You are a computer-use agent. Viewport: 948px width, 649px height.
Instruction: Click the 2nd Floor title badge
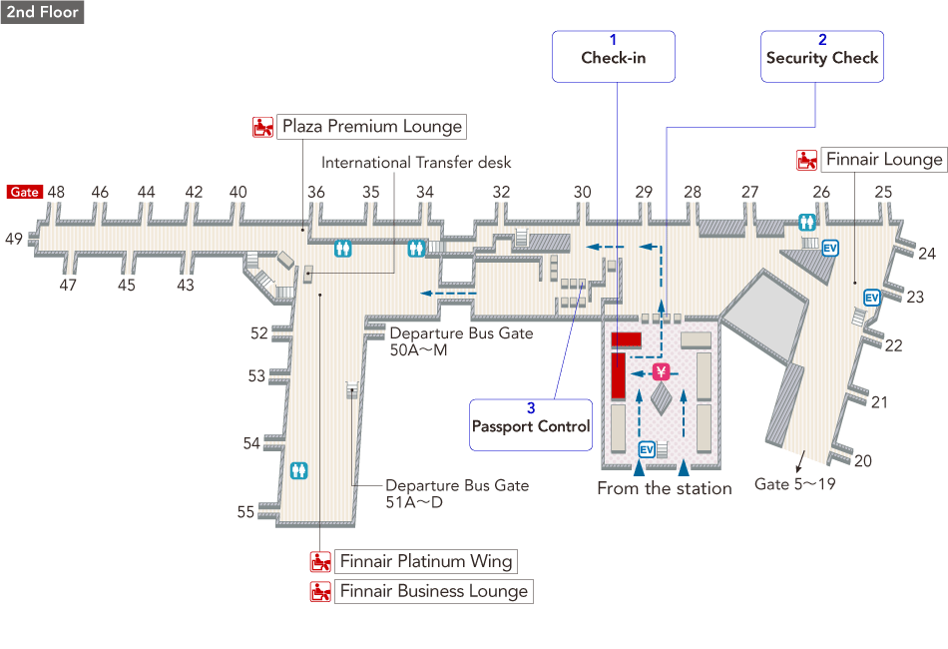point(42,12)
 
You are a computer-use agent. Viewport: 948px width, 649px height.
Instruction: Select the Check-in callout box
point(614,56)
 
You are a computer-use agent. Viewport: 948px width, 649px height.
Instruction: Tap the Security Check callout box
point(822,56)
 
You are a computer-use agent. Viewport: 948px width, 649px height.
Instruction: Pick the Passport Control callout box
point(531,425)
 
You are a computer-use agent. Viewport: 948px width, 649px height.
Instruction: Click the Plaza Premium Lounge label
point(371,127)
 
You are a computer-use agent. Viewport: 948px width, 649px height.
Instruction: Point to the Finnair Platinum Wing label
point(425,561)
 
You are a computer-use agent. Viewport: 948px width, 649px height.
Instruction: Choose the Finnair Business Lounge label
point(433,591)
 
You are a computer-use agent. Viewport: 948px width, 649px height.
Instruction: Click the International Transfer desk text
point(416,162)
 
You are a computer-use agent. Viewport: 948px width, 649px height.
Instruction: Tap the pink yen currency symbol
point(660,372)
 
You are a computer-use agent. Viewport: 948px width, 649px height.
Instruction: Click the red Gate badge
point(24,192)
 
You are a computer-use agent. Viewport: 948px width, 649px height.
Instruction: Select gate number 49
point(13,239)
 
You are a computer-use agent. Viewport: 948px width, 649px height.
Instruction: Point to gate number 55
point(245,512)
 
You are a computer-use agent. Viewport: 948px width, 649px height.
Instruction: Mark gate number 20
point(863,460)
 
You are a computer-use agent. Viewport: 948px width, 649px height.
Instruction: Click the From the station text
point(665,488)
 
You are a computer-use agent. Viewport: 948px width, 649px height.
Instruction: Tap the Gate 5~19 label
point(794,484)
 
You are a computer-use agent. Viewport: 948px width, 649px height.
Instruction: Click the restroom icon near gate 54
point(298,470)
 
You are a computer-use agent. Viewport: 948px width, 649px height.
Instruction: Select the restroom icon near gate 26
point(807,223)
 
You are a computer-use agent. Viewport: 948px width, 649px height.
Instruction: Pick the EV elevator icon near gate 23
point(870,298)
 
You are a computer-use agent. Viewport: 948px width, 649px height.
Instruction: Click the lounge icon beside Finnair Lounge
point(806,160)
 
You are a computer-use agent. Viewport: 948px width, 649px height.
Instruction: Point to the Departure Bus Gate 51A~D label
point(457,493)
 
